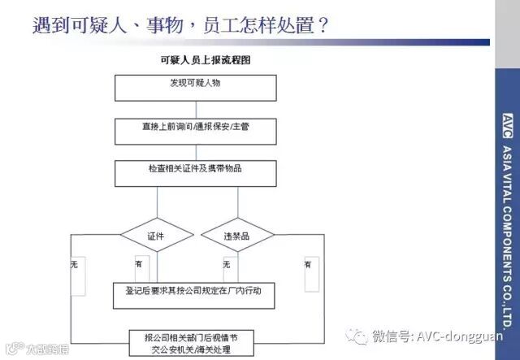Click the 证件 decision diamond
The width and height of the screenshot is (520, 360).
point(157,236)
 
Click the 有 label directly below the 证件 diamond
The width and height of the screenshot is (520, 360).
point(139,263)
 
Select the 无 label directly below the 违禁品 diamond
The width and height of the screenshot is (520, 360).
point(227,263)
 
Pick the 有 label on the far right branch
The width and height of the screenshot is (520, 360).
point(308,263)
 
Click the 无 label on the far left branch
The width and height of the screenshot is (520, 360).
point(74,263)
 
